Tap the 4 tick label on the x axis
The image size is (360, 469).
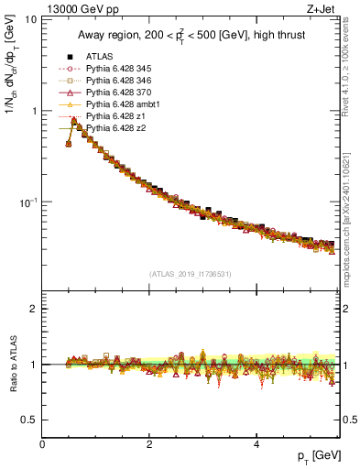(256, 443)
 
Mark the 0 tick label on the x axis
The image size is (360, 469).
(43, 443)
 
